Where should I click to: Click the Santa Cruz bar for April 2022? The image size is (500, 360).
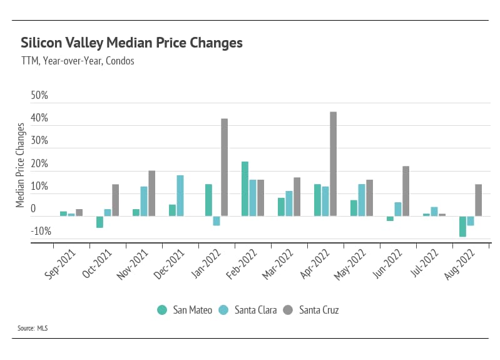(x=333, y=164)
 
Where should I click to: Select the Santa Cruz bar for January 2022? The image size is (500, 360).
(x=224, y=167)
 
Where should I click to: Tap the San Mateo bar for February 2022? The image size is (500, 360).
(x=245, y=188)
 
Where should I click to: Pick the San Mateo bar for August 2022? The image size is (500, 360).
(x=462, y=226)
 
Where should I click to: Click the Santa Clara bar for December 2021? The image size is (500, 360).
(x=180, y=195)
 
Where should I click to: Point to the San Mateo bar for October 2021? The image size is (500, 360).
(x=99, y=222)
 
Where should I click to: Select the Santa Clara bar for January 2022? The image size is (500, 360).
(x=217, y=220)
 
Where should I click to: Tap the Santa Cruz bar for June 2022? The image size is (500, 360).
(x=406, y=191)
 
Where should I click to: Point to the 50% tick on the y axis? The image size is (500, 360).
(x=39, y=96)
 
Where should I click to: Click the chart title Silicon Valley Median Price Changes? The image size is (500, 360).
(x=131, y=43)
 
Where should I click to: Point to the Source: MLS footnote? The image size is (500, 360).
(x=34, y=327)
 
